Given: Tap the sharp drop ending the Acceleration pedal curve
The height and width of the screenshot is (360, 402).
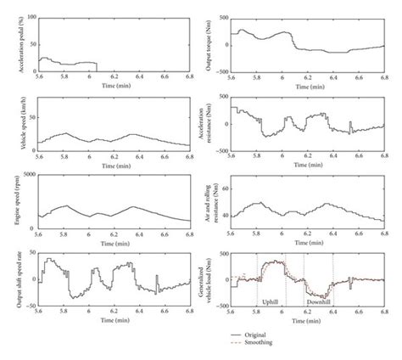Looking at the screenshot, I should click(97, 67).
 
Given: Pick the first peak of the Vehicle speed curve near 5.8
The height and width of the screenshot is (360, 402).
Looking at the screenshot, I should click(66, 133).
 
